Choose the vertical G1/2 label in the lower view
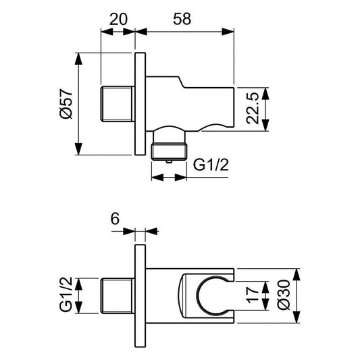(x=65, y=294)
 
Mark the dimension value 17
(x=252, y=295)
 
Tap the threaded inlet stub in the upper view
(x=119, y=104)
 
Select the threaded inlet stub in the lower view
(x=119, y=295)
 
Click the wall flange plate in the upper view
(x=140, y=104)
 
